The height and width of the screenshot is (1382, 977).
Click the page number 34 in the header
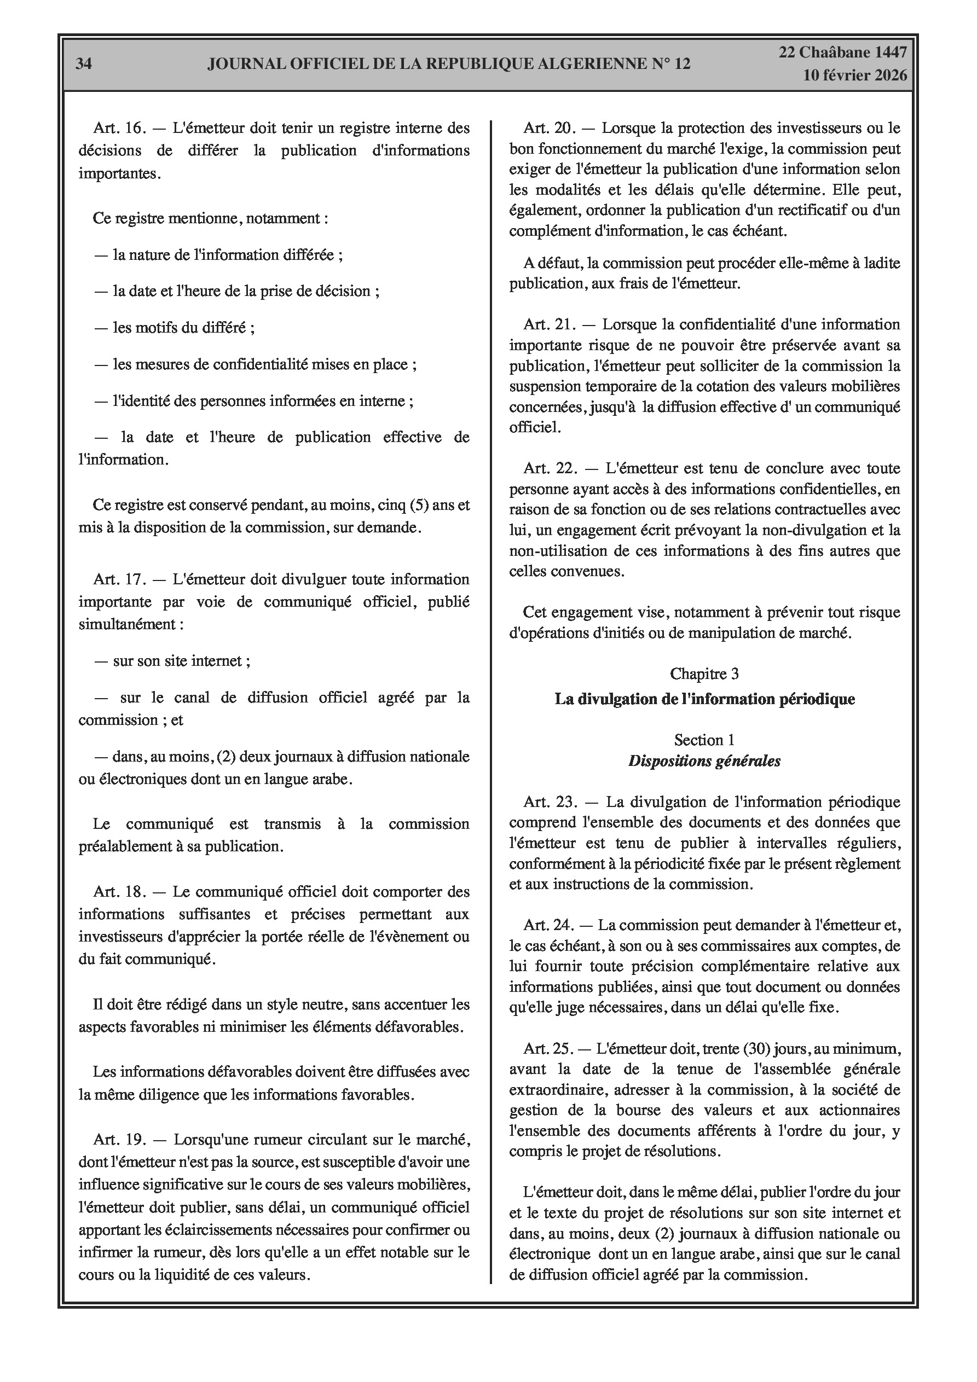point(84,65)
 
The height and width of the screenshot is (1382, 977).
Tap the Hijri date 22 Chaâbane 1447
point(843,53)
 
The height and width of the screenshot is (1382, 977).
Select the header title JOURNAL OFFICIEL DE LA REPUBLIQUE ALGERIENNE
point(449,65)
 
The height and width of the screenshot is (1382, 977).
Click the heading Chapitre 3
point(704,674)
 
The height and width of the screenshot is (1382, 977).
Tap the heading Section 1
point(704,740)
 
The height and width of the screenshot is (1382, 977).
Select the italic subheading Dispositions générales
point(704,762)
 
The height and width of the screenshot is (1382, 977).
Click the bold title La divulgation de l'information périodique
point(704,699)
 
